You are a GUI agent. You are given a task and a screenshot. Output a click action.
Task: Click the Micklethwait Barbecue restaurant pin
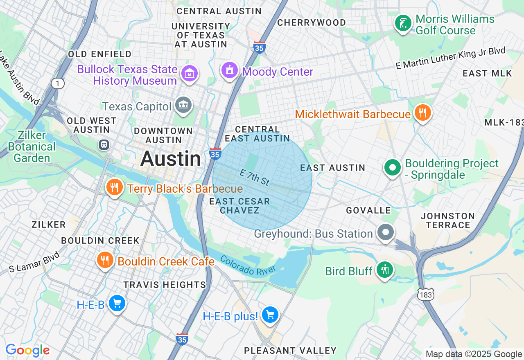click(x=422, y=112)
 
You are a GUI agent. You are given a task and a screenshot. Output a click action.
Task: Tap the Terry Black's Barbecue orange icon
click(x=114, y=187)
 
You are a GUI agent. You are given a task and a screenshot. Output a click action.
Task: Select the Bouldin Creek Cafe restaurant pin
click(x=105, y=260)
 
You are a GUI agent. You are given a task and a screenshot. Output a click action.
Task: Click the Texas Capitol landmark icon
click(x=183, y=105)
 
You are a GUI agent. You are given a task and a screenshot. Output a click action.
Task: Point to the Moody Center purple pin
click(x=230, y=70)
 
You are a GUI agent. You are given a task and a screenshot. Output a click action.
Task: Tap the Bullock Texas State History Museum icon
click(x=190, y=74)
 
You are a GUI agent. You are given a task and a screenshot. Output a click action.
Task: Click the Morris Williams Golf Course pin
click(x=403, y=23)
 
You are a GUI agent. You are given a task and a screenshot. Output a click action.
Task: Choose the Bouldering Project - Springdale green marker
click(x=393, y=167)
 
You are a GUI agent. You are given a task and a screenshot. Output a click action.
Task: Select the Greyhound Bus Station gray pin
click(x=386, y=232)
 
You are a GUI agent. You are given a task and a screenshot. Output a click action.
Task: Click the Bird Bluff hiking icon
click(x=384, y=270)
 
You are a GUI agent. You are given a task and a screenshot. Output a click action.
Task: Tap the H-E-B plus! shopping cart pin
click(x=270, y=315)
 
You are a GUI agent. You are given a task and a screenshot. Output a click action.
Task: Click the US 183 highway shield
click(x=426, y=294)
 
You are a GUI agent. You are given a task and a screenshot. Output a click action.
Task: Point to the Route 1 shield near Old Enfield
click(x=58, y=83)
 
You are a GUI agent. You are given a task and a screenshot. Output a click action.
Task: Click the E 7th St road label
click(x=255, y=178)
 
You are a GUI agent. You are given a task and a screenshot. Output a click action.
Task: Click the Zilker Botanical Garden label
click(x=32, y=146)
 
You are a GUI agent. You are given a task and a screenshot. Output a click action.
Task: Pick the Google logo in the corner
click(x=27, y=350)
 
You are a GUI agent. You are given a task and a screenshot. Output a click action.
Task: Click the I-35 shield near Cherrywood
click(x=259, y=47)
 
